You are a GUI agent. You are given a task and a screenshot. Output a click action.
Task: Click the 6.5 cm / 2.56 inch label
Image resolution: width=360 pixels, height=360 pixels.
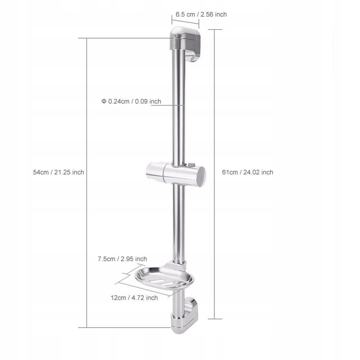[201, 14]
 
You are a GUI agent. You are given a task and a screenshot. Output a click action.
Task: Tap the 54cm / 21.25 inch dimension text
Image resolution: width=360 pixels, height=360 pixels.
[59, 172]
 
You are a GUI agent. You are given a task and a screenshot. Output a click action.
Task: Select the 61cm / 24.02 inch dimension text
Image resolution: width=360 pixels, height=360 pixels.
[248, 172]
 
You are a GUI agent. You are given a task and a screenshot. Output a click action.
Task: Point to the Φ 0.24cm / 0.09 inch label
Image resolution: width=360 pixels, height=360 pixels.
[131, 101]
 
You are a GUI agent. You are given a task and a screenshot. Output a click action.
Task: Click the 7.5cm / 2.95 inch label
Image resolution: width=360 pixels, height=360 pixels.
[122, 259]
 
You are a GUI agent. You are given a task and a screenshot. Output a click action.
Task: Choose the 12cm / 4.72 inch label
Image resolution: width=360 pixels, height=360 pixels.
[134, 298]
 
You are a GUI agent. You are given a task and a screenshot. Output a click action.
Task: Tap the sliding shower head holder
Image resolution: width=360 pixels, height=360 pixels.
[176, 174]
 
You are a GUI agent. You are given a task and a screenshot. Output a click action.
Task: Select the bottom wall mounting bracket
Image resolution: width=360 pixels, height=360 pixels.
[184, 316]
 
